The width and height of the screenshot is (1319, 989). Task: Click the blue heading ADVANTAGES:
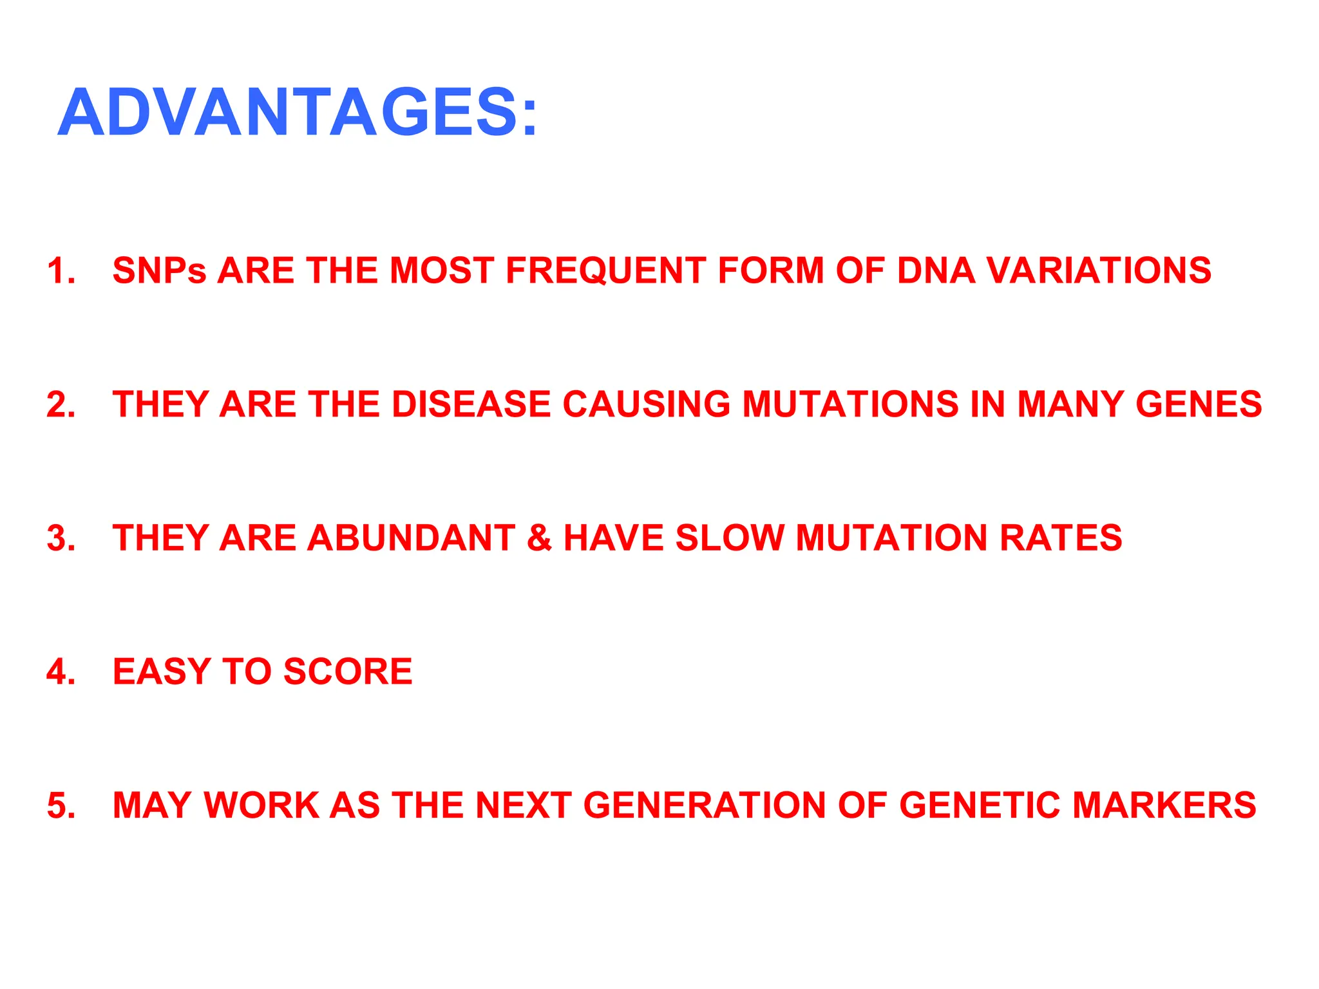click(x=298, y=113)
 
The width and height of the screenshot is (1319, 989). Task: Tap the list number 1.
click(x=61, y=270)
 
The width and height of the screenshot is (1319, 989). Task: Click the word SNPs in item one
click(x=159, y=270)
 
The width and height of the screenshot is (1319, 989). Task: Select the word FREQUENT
click(x=605, y=270)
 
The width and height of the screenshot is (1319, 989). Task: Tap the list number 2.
click(x=61, y=404)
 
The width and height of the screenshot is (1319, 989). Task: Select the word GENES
click(x=1199, y=404)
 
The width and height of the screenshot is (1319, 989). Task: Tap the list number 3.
click(x=61, y=538)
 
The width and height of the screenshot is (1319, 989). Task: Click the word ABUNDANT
click(x=411, y=538)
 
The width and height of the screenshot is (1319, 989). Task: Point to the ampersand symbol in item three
click(x=539, y=538)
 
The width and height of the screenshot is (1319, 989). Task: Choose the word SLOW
click(x=729, y=538)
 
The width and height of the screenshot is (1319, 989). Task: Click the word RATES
click(x=1060, y=538)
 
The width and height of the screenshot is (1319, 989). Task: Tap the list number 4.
click(x=61, y=672)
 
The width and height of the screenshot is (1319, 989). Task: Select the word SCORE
click(x=348, y=672)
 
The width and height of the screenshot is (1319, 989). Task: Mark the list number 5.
click(x=61, y=805)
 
